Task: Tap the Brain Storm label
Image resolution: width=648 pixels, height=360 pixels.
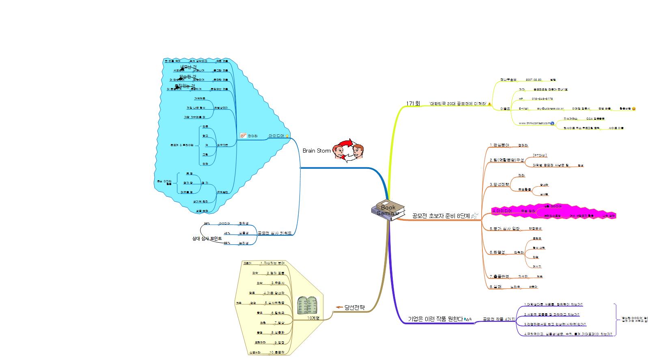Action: [x=316, y=151]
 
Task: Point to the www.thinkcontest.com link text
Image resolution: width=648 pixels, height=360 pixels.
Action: [x=534, y=123]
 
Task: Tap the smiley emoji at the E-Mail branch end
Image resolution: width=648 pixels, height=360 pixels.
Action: [x=634, y=109]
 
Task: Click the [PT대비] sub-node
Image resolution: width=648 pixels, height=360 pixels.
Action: [x=540, y=155]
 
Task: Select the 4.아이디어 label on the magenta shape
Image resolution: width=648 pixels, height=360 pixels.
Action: [x=502, y=211]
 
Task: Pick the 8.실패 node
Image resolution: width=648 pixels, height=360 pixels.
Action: [x=496, y=287]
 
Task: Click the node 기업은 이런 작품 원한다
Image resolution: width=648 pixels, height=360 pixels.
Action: [x=435, y=319]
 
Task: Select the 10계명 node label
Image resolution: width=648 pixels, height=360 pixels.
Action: [x=313, y=318]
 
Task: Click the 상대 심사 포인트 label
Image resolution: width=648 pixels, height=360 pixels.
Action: [x=207, y=239]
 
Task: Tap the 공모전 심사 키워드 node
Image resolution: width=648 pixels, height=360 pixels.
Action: [x=274, y=233]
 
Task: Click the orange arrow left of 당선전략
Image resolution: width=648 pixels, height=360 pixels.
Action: [x=339, y=307]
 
